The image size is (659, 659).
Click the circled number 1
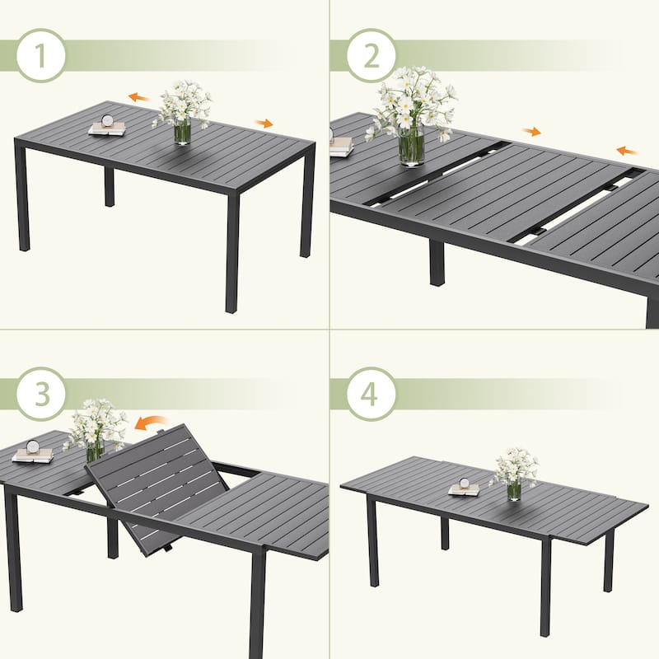pyautogui.click(x=40, y=55)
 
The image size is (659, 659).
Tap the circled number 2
pyautogui.click(x=372, y=55)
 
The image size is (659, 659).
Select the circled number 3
pyautogui.click(x=40, y=394)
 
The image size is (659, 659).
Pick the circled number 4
pyautogui.click(x=372, y=394)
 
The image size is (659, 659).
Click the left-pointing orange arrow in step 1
pyautogui.click(x=139, y=98)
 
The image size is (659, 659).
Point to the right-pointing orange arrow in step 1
pyautogui.click(x=264, y=123)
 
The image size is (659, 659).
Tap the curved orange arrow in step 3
pyautogui.click(x=151, y=423)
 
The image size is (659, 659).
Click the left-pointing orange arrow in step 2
pyautogui.click(x=628, y=151)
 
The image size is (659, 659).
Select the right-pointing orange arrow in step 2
pyautogui.click(x=531, y=132)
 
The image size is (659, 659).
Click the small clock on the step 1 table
pyautogui.click(x=107, y=120)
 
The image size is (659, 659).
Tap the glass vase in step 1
pyautogui.click(x=182, y=132)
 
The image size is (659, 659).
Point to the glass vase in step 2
pyautogui.click(x=411, y=145)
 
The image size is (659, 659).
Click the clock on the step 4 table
pyautogui.click(x=465, y=483)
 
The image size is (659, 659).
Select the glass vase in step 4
pyautogui.click(x=513, y=490)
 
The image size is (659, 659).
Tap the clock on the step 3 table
pyautogui.click(x=32, y=446)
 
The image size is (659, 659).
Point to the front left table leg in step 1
pyautogui.click(x=23, y=195)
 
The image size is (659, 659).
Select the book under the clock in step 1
pyautogui.click(x=107, y=129)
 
